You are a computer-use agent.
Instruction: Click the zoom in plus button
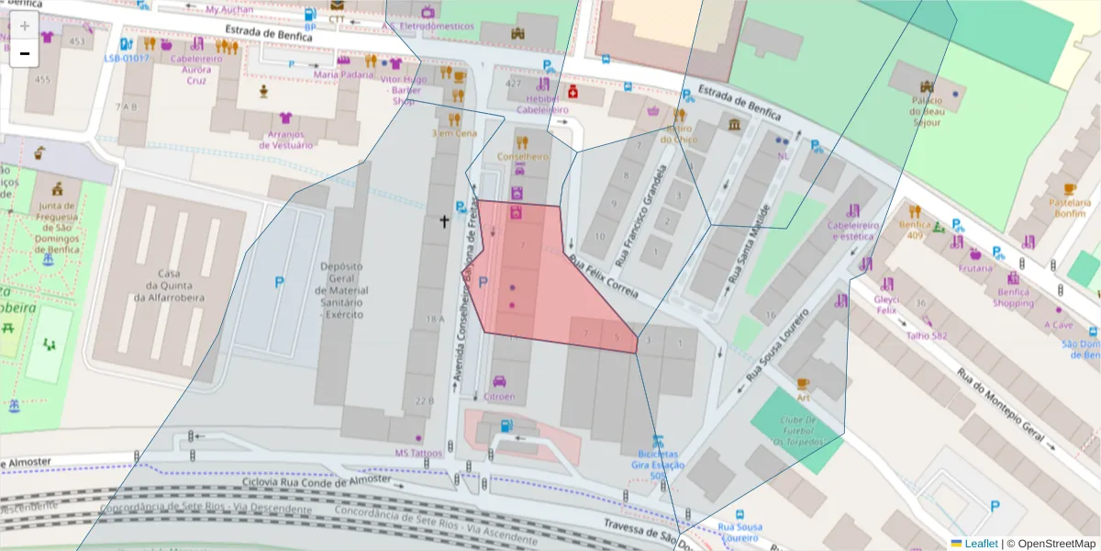(25, 26)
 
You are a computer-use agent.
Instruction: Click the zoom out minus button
(25, 53)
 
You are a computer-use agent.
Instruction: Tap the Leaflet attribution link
(981, 544)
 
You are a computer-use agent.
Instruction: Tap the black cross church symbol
(444, 221)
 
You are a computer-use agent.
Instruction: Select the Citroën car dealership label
(499, 397)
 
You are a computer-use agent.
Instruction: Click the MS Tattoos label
(418, 453)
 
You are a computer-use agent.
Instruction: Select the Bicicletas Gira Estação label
(656, 464)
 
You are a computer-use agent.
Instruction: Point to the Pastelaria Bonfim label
(1069, 208)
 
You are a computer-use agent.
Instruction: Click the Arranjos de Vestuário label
(286, 140)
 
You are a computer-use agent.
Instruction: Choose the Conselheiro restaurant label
(522, 156)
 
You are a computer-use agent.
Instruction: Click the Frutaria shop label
(975, 268)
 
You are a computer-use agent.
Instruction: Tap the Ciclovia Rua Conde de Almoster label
(317, 480)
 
